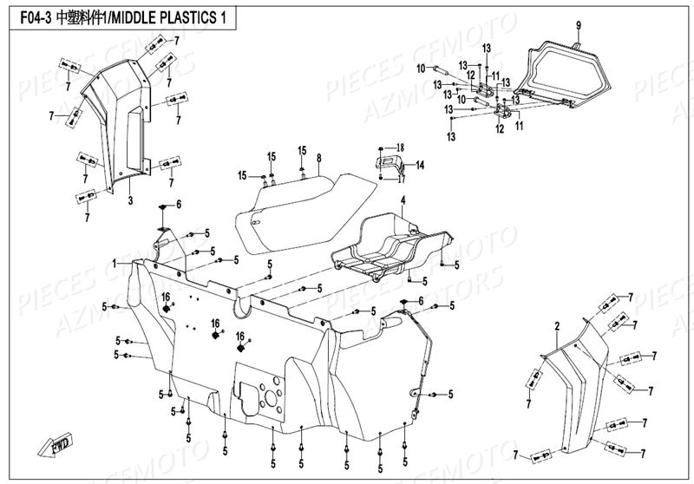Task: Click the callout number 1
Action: click(114, 263)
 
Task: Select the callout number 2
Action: click(557, 325)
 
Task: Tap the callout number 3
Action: click(129, 200)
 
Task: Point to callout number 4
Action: click(403, 200)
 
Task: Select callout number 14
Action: click(421, 165)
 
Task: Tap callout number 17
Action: click(401, 180)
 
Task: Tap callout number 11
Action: click(520, 126)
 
